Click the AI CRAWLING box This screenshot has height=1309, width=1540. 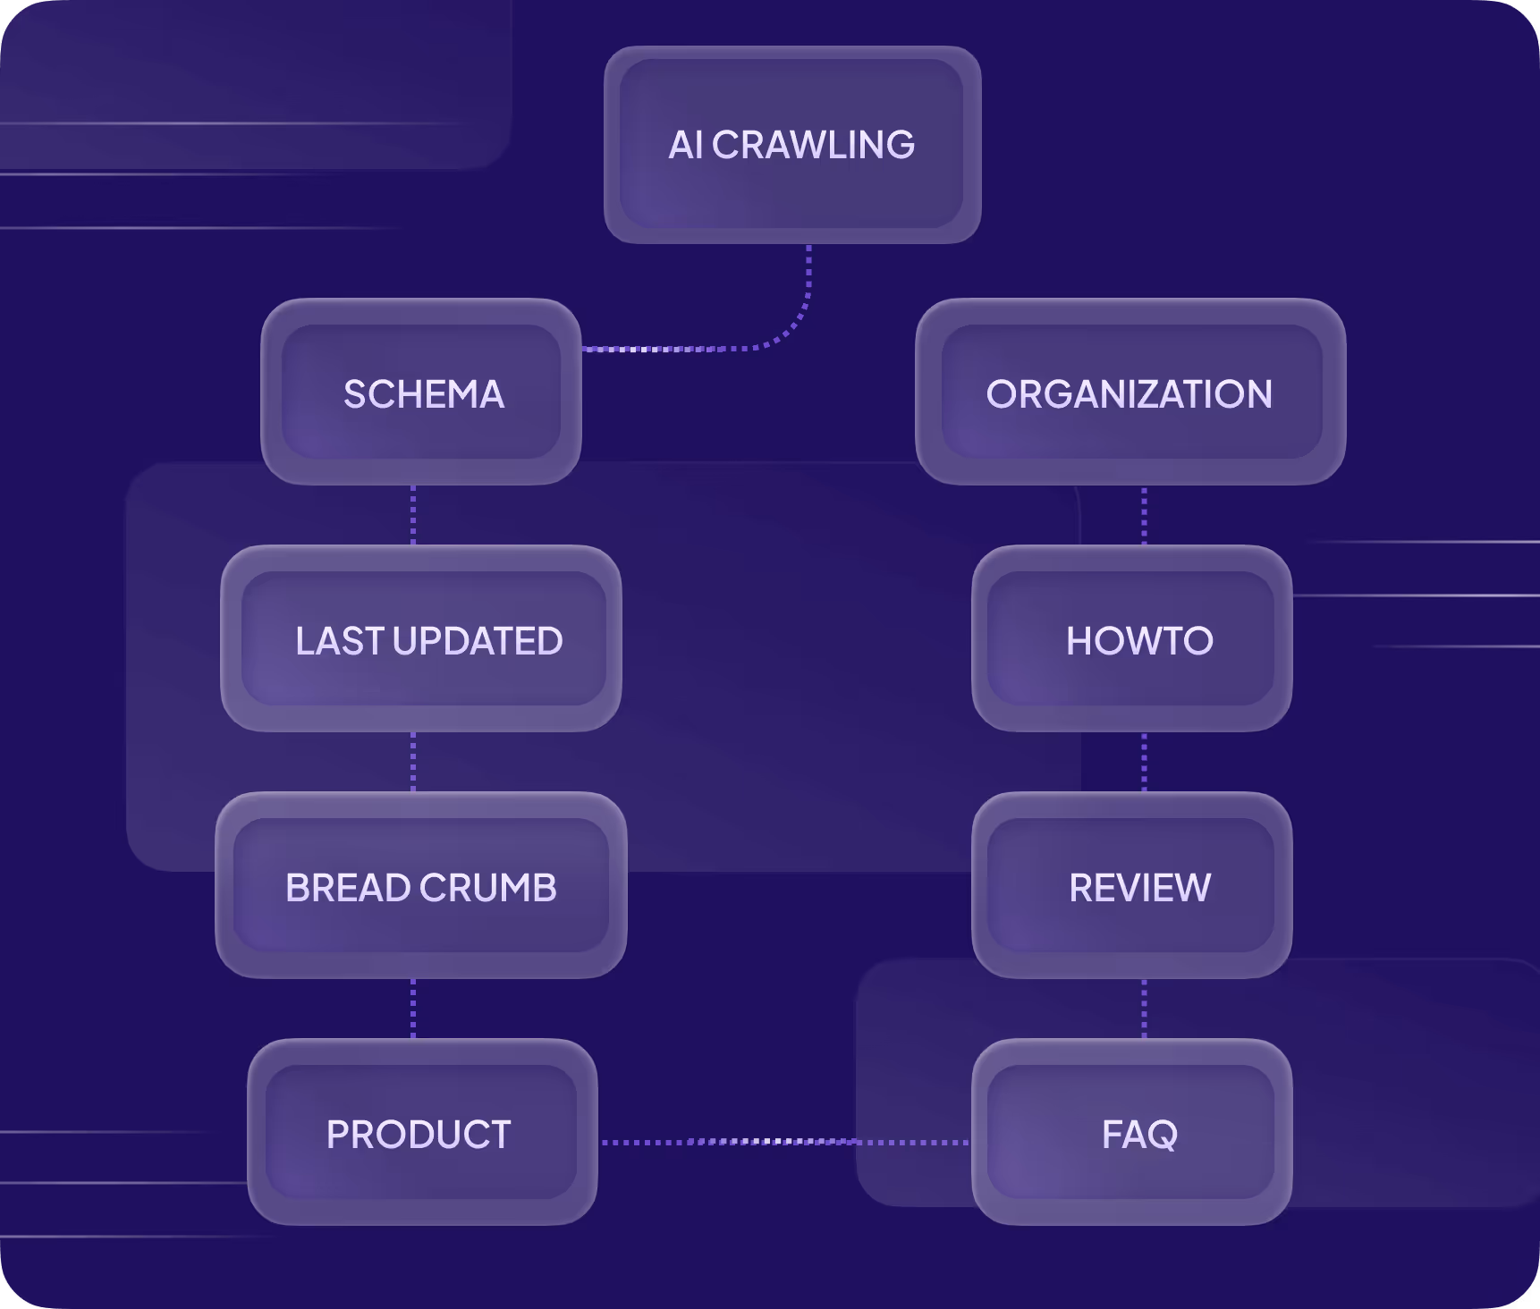point(792,145)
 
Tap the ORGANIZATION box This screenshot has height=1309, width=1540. point(1130,393)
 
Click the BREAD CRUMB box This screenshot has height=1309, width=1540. point(421,886)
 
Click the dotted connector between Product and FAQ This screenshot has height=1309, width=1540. point(784,1142)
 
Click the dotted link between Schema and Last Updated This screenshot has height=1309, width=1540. point(413,515)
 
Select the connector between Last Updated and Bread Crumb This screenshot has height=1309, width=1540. point(413,762)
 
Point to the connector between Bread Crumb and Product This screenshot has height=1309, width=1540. point(413,1009)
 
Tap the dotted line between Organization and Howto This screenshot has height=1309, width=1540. point(1145,515)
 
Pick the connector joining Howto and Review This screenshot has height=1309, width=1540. point(1145,762)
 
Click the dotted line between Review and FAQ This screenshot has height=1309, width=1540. point(1145,1009)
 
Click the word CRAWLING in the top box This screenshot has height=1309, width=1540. point(813,145)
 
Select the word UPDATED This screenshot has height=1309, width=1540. point(478,641)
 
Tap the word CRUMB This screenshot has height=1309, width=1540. point(488,888)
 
